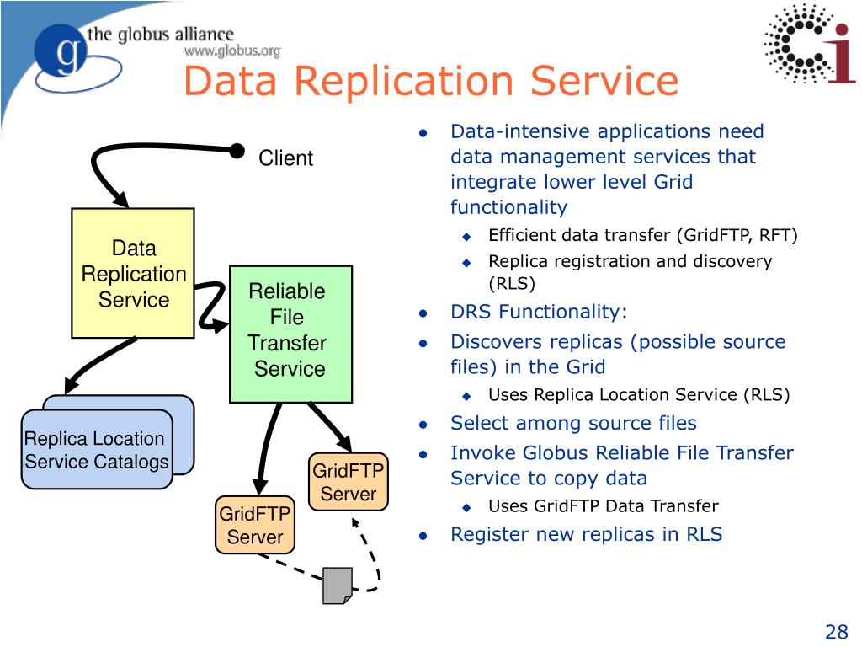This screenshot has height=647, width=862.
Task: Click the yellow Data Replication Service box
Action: click(x=133, y=273)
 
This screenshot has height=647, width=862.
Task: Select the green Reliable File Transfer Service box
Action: click(x=290, y=333)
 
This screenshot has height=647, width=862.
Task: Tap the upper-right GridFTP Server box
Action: click(x=348, y=482)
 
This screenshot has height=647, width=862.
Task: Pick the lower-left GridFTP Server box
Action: click(x=255, y=525)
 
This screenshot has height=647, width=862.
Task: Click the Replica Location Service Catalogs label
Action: click(x=96, y=450)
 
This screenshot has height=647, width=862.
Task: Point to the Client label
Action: click(x=285, y=158)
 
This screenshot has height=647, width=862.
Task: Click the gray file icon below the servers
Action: click(x=338, y=585)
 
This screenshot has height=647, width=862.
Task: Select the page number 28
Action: click(x=836, y=632)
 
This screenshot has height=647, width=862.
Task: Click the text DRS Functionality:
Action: click(x=539, y=312)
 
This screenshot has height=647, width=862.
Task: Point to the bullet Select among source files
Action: click(x=573, y=423)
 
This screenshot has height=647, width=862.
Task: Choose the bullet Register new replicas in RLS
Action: click(x=586, y=534)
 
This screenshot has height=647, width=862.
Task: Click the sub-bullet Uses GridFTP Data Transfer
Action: click(x=603, y=506)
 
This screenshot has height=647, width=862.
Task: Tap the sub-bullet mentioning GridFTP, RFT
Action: click(x=642, y=235)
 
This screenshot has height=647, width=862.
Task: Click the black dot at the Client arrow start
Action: click(x=238, y=150)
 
